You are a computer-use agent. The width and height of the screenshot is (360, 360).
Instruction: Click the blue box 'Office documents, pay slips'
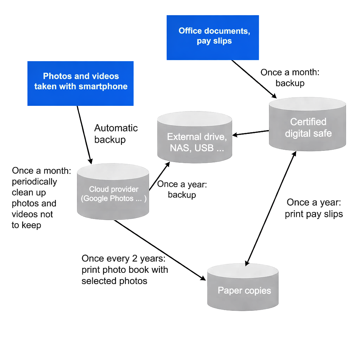pyautogui.click(x=213, y=37)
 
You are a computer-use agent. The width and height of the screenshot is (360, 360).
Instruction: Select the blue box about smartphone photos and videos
pyautogui.click(x=81, y=83)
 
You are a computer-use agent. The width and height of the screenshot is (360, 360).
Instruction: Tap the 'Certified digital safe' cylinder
pyautogui.click(x=308, y=127)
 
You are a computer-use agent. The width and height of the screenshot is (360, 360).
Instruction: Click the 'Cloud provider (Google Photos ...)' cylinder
pyautogui.click(x=112, y=193)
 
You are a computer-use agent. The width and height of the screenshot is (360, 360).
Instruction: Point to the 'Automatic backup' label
pyautogui.click(x=116, y=134)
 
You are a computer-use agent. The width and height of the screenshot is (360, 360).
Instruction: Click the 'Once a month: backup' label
pyautogui.click(x=290, y=78)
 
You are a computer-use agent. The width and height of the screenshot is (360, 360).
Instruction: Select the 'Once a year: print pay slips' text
pyautogui.click(x=314, y=208)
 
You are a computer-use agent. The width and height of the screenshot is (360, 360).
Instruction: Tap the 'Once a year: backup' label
pyautogui.click(x=182, y=189)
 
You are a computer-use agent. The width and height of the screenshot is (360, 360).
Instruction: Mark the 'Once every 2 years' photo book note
pyautogui.click(x=124, y=270)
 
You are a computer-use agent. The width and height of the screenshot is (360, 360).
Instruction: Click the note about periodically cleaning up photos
pyautogui.click(x=41, y=198)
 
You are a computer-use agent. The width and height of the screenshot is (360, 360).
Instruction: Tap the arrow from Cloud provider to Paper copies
pyautogui.click(x=160, y=250)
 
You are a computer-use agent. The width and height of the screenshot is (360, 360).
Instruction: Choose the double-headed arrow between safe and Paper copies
pyautogui.click(x=271, y=207)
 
